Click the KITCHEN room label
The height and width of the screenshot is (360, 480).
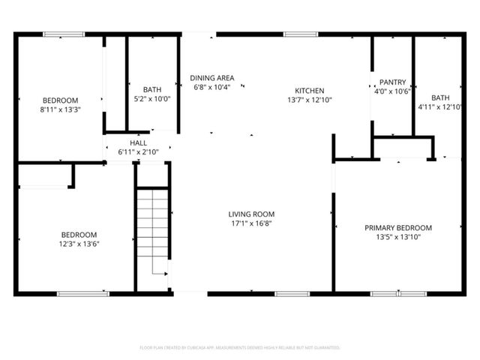(308, 90)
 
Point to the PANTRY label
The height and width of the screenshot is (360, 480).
(392, 82)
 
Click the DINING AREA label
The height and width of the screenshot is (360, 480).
(211, 78)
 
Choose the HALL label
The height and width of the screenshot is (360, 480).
(138, 142)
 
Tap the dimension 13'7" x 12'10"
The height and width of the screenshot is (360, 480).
(308, 99)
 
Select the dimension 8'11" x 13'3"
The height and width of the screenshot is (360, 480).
(60, 109)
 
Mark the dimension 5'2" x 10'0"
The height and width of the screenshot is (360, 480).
(152, 98)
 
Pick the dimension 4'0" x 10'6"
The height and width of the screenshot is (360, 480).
(392, 91)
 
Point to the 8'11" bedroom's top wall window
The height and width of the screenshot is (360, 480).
(58, 34)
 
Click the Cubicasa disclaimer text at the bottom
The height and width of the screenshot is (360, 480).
(240, 347)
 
